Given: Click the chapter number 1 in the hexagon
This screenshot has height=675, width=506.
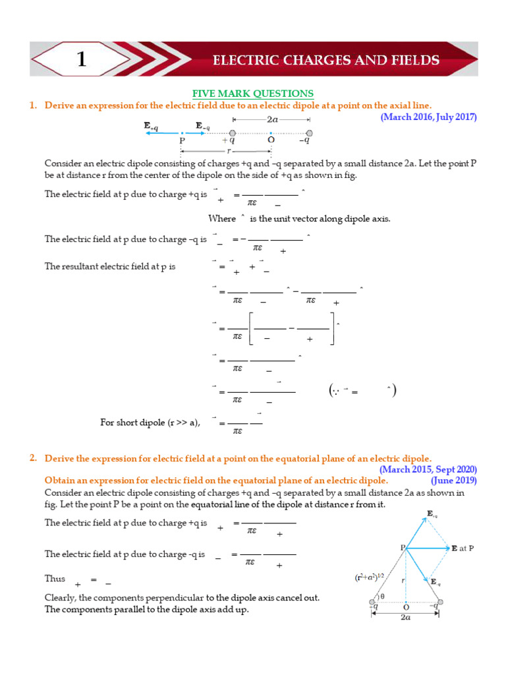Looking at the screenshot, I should [81, 60].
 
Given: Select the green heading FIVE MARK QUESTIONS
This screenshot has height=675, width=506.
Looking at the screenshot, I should [252, 94].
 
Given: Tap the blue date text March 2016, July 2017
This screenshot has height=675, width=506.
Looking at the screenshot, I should [428, 117].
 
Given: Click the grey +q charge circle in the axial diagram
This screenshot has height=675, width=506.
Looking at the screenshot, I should [233, 132].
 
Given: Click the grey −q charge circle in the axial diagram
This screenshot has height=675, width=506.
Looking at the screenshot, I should [310, 132].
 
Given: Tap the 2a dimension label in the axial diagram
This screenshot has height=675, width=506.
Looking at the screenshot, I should [271, 121].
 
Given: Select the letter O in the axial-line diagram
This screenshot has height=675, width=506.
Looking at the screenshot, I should [270, 141].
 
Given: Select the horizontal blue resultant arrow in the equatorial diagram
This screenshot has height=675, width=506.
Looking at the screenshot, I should [428, 548].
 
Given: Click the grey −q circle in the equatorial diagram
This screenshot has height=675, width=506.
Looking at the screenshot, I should [440, 602].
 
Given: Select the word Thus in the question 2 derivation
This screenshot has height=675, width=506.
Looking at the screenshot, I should [55, 579].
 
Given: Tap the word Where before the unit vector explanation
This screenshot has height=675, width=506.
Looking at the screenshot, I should [221, 219].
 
